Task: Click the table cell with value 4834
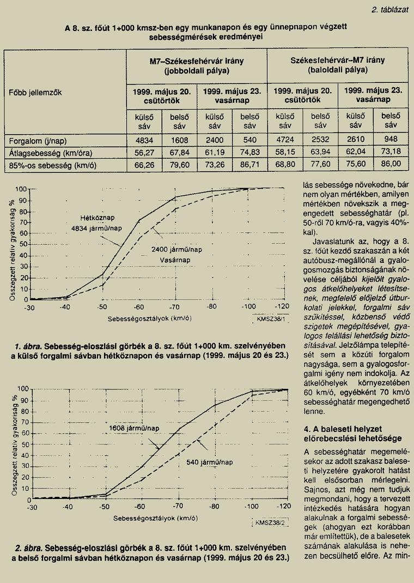pos(144,140)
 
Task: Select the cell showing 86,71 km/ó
pos(250,164)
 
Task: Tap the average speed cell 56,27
pos(144,153)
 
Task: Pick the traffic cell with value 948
pos(391,140)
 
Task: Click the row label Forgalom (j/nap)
pos(38,141)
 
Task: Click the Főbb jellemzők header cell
pos(35,92)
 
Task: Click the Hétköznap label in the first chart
pos(98,218)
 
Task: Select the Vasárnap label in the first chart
pos(175,260)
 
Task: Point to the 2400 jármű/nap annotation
pos(176,249)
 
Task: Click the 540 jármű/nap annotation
pos(210,462)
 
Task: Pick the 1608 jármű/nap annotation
pos(134,428)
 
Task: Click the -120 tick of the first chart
pos(282,307)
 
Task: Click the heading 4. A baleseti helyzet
pos(343,429)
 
